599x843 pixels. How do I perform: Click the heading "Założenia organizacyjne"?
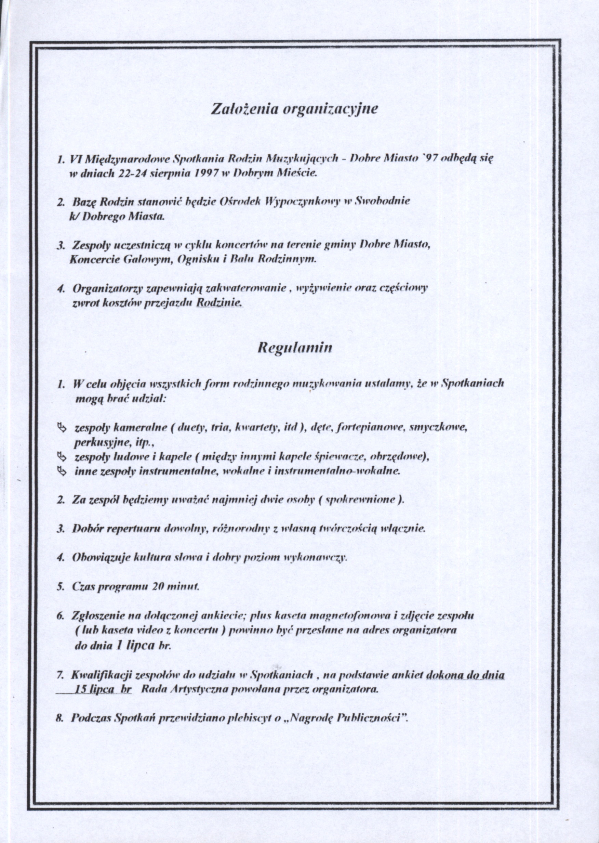click(x=294, y=109)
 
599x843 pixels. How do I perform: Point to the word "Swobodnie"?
click(x=382, y=202)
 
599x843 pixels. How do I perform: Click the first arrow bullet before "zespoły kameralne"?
click(x=62, y=428)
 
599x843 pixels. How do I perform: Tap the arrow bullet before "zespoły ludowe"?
click(x=62, y=457)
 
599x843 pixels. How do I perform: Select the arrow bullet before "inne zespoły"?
click(x=62, y=471)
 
